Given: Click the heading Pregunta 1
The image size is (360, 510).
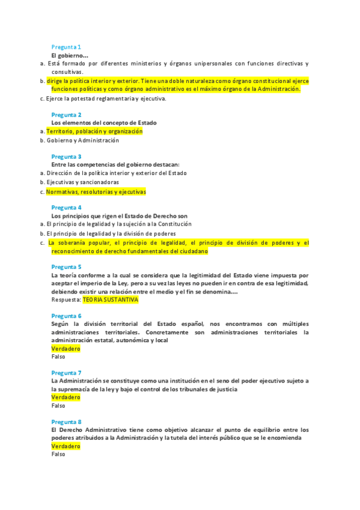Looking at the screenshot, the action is (x=66, y=47).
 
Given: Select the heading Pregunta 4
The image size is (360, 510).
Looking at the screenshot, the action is (x=66, y=207).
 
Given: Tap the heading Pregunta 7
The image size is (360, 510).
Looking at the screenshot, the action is (x=66, y=372).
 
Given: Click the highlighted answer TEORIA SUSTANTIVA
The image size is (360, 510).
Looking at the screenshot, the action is (x=110, y=300).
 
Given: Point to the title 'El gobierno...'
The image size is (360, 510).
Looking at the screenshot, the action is (x=70, y=55).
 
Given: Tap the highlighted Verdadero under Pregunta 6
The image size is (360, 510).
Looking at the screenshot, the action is (x=66, y=348).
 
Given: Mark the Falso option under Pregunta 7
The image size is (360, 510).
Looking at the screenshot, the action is (x=58, y=406).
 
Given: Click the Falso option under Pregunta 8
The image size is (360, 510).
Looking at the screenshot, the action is (x=58, y=455).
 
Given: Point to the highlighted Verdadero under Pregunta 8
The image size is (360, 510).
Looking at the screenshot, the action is (x=66, y=446).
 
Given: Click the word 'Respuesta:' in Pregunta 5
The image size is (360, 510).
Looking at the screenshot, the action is (x=66, y=300).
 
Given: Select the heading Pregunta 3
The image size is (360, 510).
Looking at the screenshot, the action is (x=66, y=156).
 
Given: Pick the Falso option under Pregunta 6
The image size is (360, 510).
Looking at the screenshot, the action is (x=58, y=357).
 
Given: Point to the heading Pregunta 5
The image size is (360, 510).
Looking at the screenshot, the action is (x=66, y=266).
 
